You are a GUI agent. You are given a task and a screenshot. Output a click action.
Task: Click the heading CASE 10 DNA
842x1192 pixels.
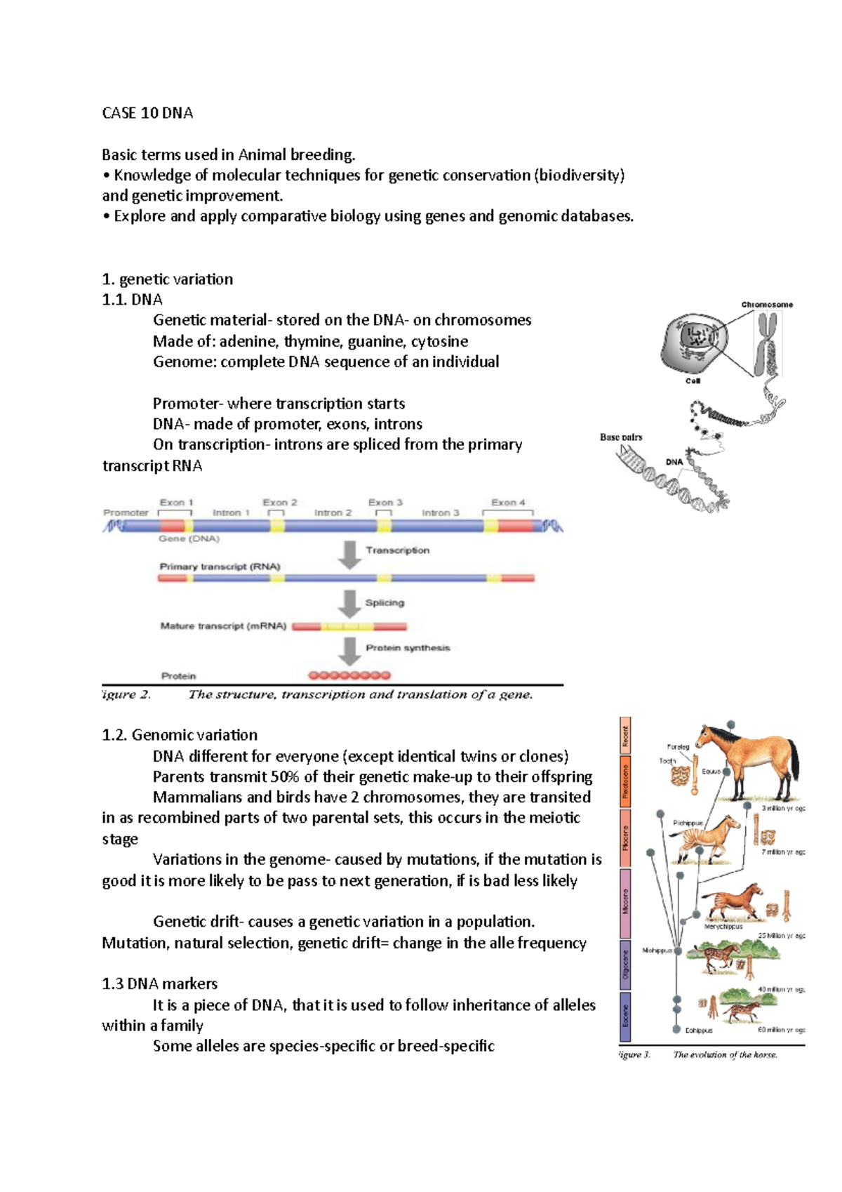[147, 113]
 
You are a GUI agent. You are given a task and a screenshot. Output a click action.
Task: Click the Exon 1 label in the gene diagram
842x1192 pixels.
[176, 502]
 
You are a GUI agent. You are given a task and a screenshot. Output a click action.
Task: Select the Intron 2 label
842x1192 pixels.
[333, 512]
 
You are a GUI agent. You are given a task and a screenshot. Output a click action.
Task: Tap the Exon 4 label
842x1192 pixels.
[508, 502]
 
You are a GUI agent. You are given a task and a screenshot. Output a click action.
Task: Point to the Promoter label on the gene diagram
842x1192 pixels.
[126, 512]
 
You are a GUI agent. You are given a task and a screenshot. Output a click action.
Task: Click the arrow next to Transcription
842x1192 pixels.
[349, 553]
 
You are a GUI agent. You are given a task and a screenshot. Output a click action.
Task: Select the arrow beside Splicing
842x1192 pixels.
[349, 603]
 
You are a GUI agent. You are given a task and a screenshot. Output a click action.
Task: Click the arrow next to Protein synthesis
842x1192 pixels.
[349, 650]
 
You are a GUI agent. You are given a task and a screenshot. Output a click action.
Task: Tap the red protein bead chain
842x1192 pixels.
[349, 675]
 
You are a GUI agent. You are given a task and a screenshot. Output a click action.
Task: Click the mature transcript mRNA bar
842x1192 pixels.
[349, 626]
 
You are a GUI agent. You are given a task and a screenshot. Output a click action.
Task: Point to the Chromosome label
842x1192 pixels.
[767, 305]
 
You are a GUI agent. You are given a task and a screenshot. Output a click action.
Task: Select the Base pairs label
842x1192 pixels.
[621, 437]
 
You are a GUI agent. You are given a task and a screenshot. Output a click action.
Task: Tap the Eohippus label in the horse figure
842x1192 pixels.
[698, 1031]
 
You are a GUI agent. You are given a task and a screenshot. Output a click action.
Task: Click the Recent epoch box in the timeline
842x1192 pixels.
[625, 736]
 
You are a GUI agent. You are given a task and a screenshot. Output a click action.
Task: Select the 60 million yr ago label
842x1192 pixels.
[781, 1030]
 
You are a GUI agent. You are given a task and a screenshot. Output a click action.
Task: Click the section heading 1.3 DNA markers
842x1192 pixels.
[160, 984]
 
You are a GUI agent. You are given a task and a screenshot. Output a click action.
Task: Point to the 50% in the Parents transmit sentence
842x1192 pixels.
[285, 776]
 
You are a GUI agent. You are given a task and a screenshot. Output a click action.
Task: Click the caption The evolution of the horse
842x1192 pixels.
[725, 1054]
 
